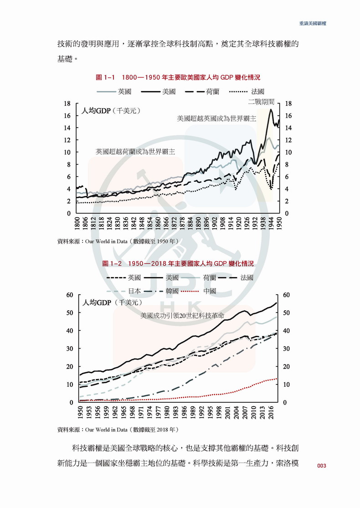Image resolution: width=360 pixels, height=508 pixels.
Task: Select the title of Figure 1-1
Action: (181, 77)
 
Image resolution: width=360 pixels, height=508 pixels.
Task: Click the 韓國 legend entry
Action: (161, 291)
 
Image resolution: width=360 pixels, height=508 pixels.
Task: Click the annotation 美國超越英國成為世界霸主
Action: (216, 118)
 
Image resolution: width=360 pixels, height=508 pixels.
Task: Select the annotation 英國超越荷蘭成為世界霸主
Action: (135, 151)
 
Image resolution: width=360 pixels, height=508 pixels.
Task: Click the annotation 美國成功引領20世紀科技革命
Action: (185, 315)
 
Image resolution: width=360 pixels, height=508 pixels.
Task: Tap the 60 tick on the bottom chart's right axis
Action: (287, 295)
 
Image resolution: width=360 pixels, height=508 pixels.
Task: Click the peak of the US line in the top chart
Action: (271, 109)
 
